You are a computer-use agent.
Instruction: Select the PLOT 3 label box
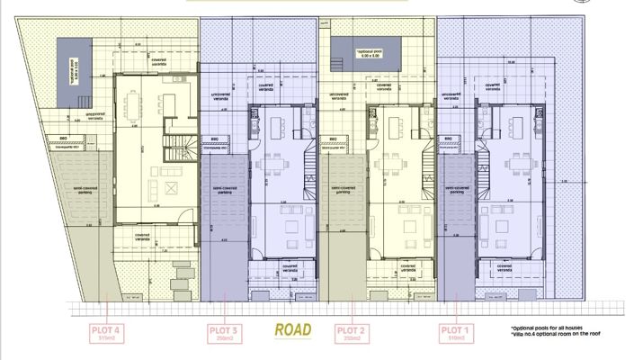(x=222, y=333)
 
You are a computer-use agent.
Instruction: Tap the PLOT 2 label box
(x=348, y=333)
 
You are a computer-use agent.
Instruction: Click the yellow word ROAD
(x=293, y=330)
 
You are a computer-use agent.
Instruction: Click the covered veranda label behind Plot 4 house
(x=158, y=62)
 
